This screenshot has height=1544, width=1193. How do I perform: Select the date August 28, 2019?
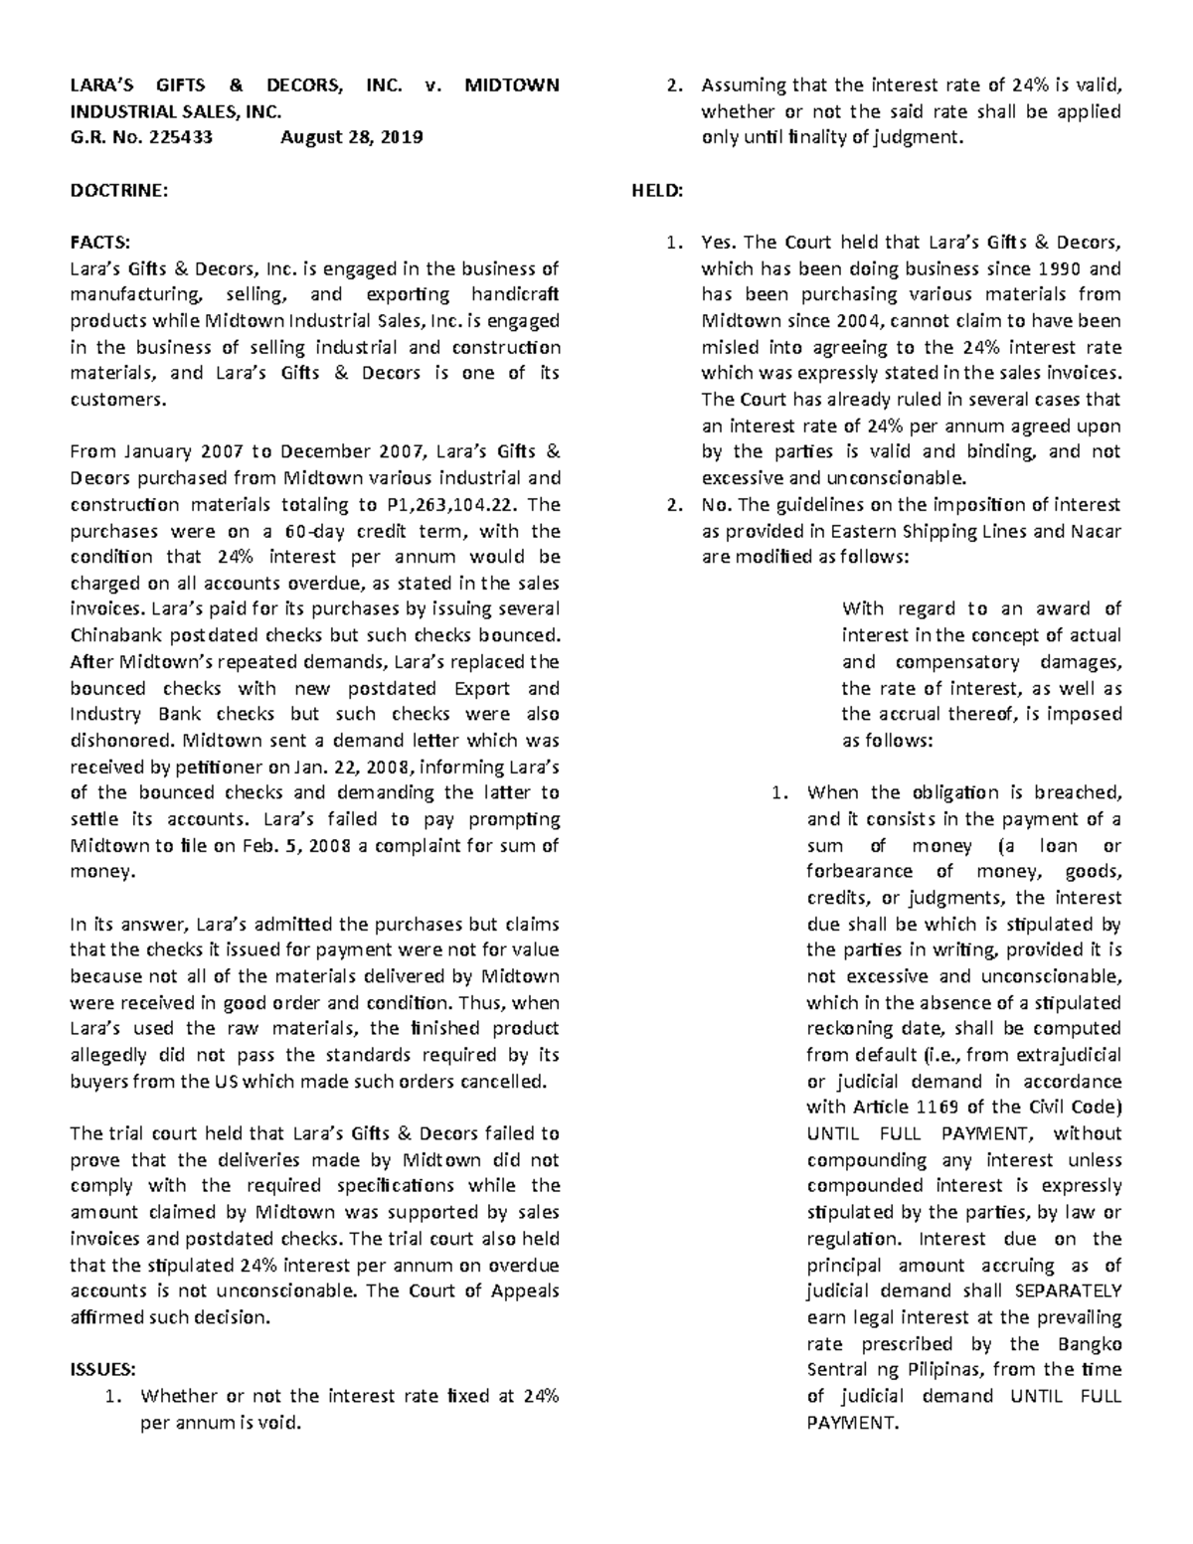[x=351, y=137]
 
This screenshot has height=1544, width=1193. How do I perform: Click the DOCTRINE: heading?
[x=119, y=191]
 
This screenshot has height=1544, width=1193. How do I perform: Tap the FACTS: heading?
[x=99, y=243]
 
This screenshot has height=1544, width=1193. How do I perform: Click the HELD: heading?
[x=658, y=191]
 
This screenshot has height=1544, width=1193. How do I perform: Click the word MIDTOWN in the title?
[x=511, y=86]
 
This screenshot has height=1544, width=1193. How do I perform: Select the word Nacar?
[x=1097, y=531]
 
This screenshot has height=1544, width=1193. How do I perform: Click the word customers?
[x=115, y=400]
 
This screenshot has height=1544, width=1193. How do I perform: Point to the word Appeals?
[x=524, y=1290]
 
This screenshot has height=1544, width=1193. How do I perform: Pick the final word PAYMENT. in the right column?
[x=853, y=1422]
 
